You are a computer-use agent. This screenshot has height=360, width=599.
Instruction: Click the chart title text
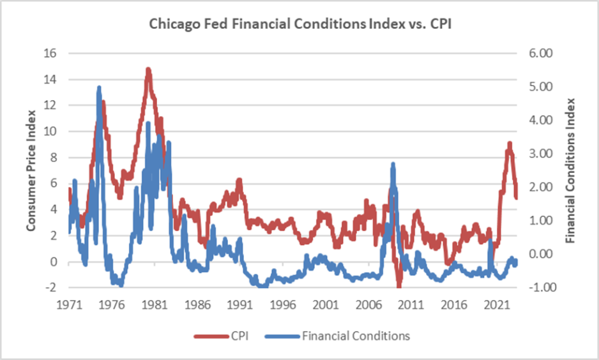299,25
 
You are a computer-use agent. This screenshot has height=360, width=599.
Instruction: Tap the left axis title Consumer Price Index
30,170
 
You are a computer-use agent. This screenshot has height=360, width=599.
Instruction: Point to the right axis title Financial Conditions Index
570,170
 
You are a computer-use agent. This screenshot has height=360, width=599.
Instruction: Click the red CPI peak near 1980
148,69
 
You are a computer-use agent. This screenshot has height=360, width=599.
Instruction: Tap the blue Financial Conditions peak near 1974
99,87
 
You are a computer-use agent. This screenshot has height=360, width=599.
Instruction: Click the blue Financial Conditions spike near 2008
393,165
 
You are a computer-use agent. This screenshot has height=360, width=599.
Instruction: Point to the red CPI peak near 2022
509,144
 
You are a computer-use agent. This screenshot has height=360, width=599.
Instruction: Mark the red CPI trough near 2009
398,285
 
